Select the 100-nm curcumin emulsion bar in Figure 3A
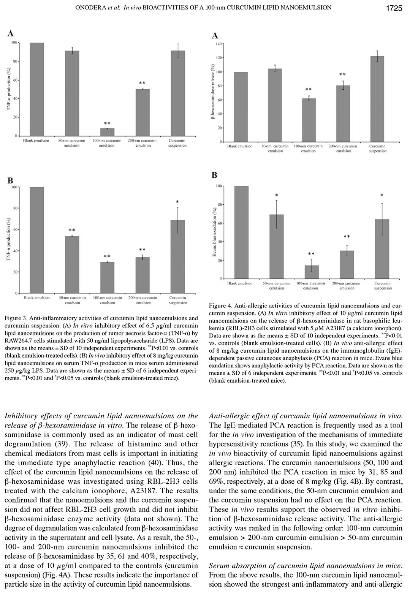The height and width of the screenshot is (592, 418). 107,132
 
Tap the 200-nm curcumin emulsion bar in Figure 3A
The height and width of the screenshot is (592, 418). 142,112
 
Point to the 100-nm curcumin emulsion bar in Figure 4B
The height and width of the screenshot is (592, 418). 312,272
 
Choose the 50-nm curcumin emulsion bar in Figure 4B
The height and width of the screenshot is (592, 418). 276,247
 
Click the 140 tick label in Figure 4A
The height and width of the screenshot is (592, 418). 219,44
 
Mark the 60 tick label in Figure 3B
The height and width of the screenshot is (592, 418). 16,230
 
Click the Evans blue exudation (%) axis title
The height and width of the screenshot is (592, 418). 215,232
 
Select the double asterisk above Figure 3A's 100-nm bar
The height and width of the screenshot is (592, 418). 107,123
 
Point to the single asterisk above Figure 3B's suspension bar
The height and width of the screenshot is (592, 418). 177,202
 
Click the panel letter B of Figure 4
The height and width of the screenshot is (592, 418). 214,175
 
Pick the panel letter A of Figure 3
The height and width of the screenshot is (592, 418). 11,34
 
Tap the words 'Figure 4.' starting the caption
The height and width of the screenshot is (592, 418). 221,305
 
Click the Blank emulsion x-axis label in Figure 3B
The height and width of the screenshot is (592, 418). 36,298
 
